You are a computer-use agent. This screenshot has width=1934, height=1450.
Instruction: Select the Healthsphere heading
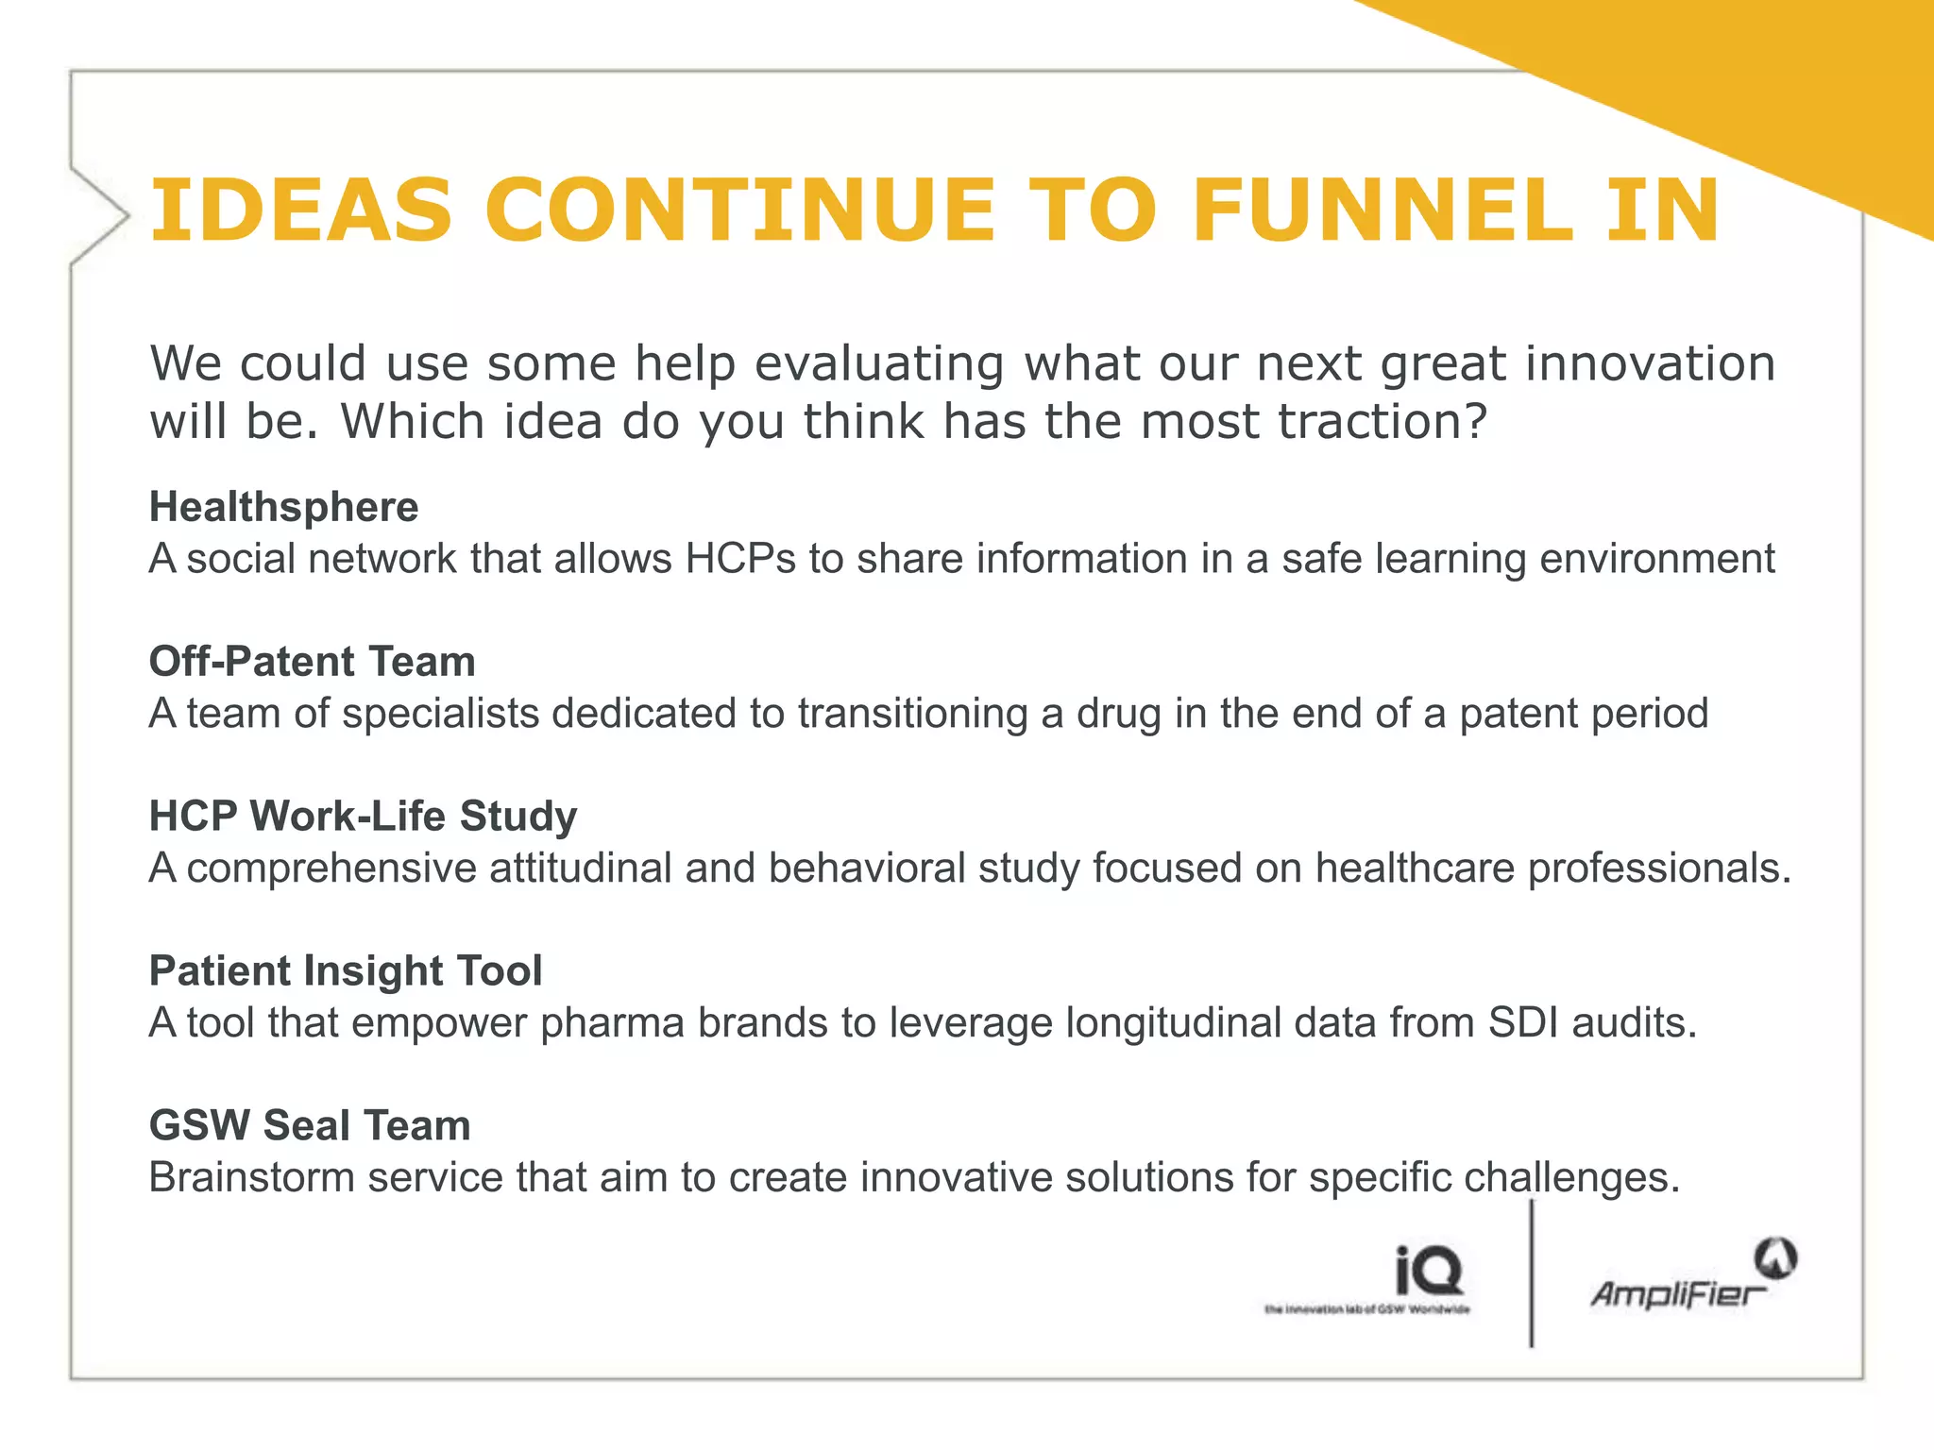[283, 507]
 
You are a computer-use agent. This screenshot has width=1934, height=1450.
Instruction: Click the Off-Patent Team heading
[312, 661]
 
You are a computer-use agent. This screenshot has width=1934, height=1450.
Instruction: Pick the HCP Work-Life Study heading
[363, 816]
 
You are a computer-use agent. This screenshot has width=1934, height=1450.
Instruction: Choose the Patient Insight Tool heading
[346, 970]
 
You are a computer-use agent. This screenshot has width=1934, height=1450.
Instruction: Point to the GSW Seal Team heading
[310, 1125]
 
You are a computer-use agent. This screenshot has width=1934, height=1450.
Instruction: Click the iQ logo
[1429, 1271]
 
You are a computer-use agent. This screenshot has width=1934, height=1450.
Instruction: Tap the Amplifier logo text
[1677, 1293]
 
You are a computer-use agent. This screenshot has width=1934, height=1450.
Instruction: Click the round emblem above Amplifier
[1775, 1258]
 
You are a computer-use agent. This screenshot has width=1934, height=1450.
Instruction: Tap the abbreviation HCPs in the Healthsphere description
[740, 558]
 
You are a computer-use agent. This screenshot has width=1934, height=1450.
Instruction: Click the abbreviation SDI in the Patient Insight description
[1523, 1022]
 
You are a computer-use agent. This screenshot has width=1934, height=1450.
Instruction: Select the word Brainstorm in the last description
[251, 1177]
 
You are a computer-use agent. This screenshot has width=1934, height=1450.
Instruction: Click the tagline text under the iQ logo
[1367, 1309]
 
